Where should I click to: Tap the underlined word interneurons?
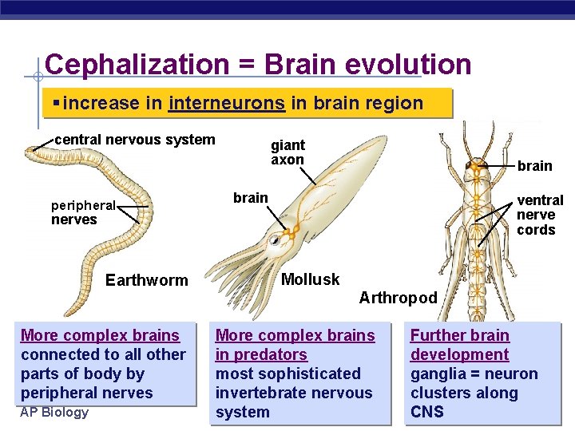pyautogui.click(x=228, y=103)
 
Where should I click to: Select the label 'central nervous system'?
pyautogui.click(x=135, y=140)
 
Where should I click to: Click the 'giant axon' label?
pyautogui.click(x=287, y=152)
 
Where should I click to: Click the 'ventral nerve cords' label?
pyautogui.click(x=539, y=214)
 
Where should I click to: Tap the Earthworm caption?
pyautogui.click(x=147, y=280)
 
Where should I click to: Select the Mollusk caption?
pyautogui.click(x=311, y=279)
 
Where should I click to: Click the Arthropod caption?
pyautogui.click(x=398, y=298)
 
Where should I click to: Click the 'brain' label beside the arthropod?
pyautogui.click(x=534, y=165)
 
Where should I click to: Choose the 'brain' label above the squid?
pyautogui.click(x=250, y=197)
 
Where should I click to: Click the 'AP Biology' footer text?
pyautogui.click(x=54, y=412)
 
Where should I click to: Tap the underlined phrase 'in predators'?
pyautogui.click(x=261, y=354)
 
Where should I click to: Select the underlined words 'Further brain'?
pyautogui.click(x=460, y=335)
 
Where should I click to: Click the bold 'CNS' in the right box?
pyautogui.click(x=427, y=412)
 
